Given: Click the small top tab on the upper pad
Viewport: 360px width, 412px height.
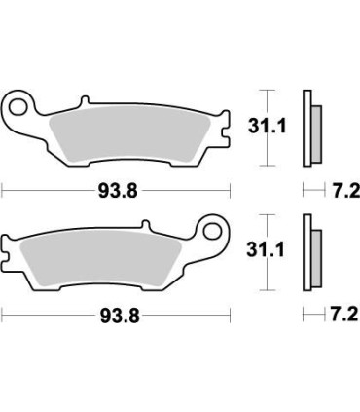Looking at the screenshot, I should click(x=85, y=99).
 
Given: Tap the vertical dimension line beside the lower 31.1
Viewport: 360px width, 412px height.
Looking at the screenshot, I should click(x=270, y=256).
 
